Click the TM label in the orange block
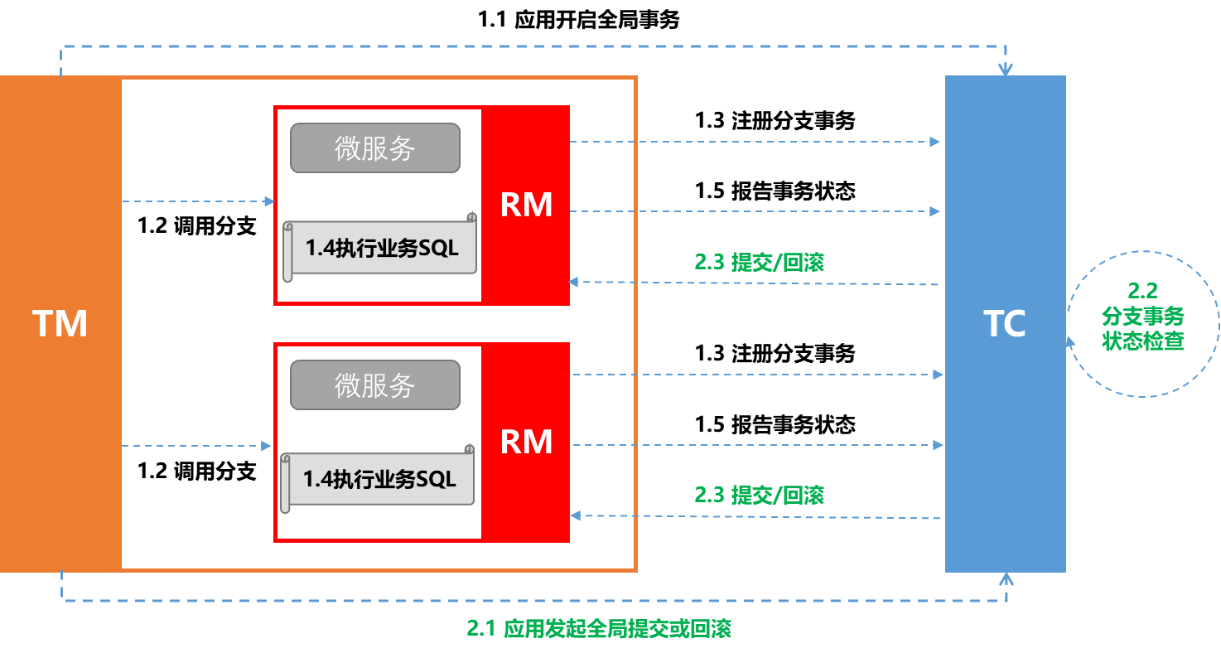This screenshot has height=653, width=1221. [x=60, y=323]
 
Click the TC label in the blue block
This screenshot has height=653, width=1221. [x=1004, y=323]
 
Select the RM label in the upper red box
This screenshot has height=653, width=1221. [x=526, y=205]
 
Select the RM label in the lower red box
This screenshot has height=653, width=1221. [x=526, y=442]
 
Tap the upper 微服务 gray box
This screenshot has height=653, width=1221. [x=374, y=148]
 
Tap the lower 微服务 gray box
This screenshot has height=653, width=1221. [x=374, y=385]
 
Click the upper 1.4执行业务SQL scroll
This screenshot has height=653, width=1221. [x=380, y=248]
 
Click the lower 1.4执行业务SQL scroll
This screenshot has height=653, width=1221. [x=378, y=479]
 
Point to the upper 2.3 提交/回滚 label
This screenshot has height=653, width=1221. [x=759, y=262]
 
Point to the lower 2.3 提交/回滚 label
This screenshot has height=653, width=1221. [x=759, y=495]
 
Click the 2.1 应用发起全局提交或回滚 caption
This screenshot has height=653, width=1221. [x=599, y=628]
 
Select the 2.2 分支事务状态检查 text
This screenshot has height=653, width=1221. [x=1142, y=316]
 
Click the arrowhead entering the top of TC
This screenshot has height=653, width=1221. [x=1005, y=70]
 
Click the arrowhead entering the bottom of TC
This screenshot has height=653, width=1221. [x=1006, y=576]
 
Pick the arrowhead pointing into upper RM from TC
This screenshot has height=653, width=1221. [x=574, y=283]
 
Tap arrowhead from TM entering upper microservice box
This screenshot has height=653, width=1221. [x=268, y=201]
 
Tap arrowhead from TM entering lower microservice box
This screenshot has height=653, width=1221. [x=267, y=446]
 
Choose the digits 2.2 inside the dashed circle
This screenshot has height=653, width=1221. [x=1142, y=291]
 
